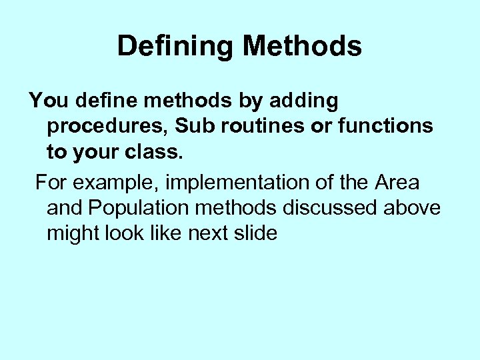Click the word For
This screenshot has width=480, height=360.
pos(50,182)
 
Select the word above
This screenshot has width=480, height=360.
pos(412,207)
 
